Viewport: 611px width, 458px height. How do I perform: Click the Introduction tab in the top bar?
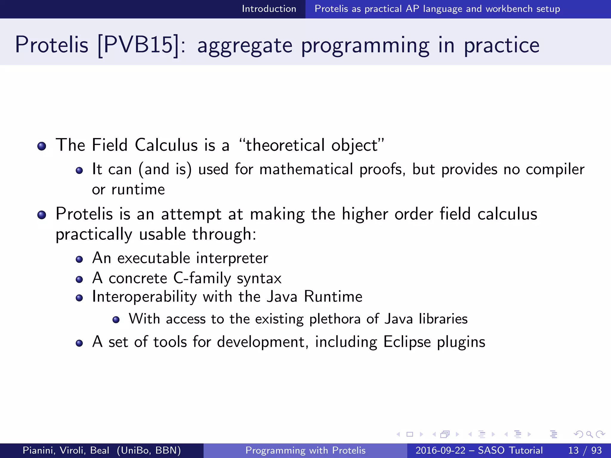(x=269, y=9)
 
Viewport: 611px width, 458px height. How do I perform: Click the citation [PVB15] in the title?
(x=138, y=45)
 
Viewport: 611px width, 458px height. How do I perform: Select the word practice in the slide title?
(x=502, y=45)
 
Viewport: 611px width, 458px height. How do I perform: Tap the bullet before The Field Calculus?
(x=42, y=146)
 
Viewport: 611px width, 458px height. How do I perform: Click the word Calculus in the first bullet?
(x=166, y=145)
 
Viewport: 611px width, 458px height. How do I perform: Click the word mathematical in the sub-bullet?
(x=306, y=169)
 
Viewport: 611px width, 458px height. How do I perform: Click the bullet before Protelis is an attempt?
(x=42, y=215)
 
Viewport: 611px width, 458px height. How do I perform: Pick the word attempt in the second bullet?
(x=191, y=214)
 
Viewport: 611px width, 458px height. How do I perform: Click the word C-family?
(x=202, y=278)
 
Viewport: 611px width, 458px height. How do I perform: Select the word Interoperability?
(x=144, y=297)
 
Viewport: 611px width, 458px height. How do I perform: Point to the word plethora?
(x=335, y=319)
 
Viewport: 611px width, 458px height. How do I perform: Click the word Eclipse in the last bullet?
(x=407, y=342)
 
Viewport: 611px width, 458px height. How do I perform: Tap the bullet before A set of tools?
(x=79, y=343)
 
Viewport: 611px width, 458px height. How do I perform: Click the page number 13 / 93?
(x=585, y=450)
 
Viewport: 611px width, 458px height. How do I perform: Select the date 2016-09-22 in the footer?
(x=440, y=450)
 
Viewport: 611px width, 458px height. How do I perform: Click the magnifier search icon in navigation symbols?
(x=589, y=434)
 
